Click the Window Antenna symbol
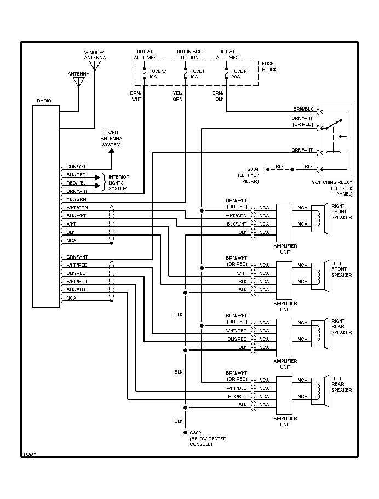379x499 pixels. (x=96, y=66)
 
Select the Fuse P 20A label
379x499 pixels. (x=239, y=74)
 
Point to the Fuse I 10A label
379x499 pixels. (x=197, y=74)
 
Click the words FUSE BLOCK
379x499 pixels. (x=269, y=67)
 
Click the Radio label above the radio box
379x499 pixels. (x=44, y=101)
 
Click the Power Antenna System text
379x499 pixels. (x=111, y=139)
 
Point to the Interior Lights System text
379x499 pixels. (x=118, y=182)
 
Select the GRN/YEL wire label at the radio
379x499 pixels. (x=76, y=167)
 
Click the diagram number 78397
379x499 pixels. (x=30, y=455)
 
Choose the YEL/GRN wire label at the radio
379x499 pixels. (x=76, y=199)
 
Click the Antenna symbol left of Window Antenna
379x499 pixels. (x=78, y=82)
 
